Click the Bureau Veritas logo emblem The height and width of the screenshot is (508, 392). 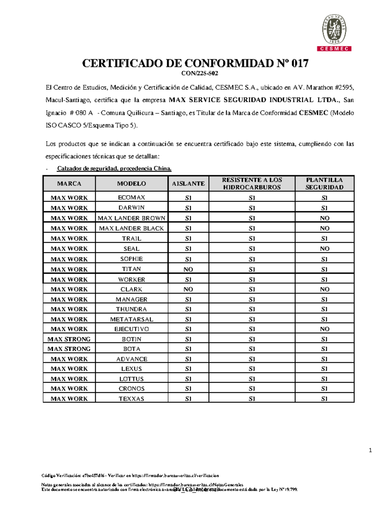tap(334, 29)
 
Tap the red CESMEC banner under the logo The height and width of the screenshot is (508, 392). tap(334, 49)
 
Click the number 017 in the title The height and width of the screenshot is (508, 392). tap(300, 63)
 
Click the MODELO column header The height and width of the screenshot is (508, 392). tap(131, 184)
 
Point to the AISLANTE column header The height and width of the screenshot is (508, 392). tap(188, 184)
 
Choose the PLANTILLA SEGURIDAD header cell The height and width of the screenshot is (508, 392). tap(324, 184)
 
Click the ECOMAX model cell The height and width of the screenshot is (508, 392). tap(131, 198)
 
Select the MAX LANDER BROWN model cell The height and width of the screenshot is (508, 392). tap(131, 218)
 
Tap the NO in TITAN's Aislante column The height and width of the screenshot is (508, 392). tap(188, 269)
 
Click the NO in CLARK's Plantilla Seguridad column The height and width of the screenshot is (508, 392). tap(324, 289)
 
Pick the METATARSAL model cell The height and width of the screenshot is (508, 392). tap(131, 319)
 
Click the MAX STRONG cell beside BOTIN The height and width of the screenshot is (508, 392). tap(69, 339)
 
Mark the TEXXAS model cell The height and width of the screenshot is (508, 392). tap(131, 399)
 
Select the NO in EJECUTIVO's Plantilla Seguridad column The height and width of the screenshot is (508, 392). tap(324, 329)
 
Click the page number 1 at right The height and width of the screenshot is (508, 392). tap(370, 450)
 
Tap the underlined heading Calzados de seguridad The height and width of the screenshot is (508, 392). tap(114, 168)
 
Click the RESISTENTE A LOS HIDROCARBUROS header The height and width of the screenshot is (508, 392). tap(252, 184)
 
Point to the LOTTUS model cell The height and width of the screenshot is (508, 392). tap(131, 379)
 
